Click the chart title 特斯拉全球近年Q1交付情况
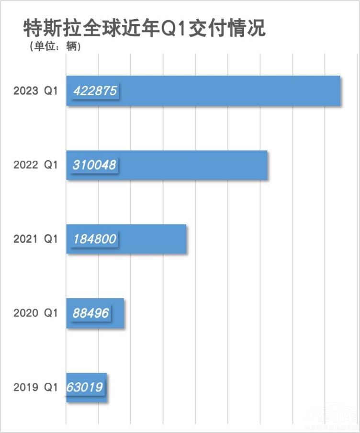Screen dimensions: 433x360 [x=144, y=29]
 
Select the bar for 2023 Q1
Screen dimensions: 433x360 [x=230, y=90]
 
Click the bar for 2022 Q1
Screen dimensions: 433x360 [x=191, y=165]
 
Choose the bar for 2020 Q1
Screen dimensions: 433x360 [x=117, y=313]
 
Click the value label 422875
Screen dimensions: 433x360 [x=95, y=91]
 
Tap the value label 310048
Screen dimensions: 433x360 [x=94, y=165]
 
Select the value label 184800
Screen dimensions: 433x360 [x=94, y=239]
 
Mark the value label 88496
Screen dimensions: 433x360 [x=91, y=313]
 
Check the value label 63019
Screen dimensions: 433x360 [x=85, y=387]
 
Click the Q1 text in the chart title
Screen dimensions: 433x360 [x=176, y=29]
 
